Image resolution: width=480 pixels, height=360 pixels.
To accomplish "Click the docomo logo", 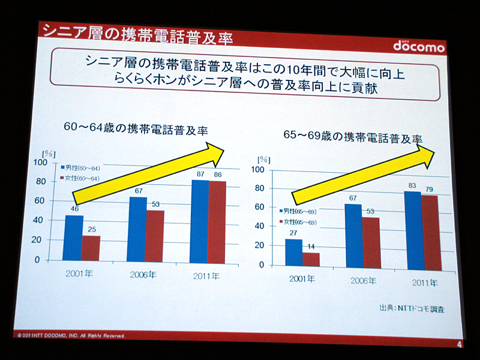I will coord(419,46).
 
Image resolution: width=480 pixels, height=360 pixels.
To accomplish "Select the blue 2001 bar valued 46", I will coord(74,238).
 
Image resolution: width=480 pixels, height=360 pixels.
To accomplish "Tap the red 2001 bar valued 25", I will coord(91,248).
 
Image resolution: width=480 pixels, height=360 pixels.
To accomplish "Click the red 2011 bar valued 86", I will coord(217,221).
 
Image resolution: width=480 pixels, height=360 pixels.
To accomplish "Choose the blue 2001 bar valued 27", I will coord(293,252).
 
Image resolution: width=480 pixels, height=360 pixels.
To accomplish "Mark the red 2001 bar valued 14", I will coord(311,259).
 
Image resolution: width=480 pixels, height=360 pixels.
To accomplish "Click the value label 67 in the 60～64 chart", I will coord(137,191).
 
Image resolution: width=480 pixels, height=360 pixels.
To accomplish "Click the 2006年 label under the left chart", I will coord(144,275).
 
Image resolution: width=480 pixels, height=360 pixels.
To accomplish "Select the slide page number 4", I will coord(459,344).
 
